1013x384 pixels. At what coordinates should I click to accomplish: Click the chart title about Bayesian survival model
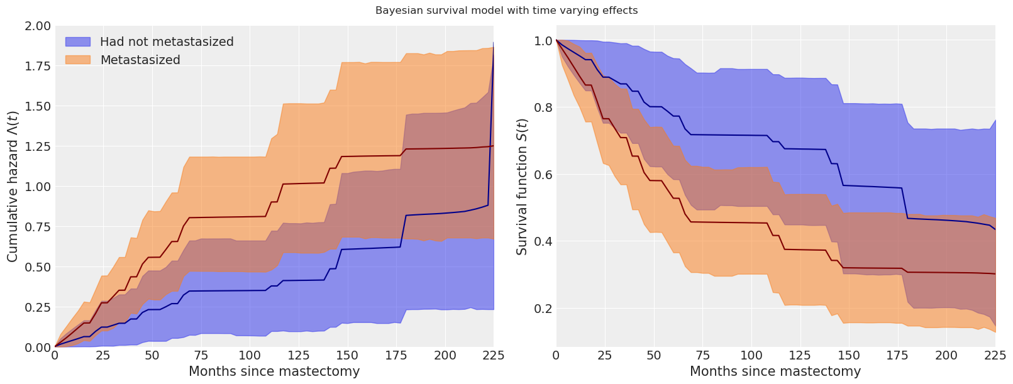(506, 11)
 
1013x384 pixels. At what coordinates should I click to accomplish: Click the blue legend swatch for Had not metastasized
(78, 41)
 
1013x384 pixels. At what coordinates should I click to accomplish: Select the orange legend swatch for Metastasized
(78, 60)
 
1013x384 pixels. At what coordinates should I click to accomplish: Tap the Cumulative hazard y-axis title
(13, 187)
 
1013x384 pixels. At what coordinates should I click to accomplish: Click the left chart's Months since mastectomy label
(274, 371)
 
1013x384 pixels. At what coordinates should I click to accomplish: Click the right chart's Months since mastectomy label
(775, 371)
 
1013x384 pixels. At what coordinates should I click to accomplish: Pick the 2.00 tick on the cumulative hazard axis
(37, 26)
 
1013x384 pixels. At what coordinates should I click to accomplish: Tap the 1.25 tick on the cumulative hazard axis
(37, 146)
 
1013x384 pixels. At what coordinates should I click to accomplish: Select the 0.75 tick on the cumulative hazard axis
(37, 227)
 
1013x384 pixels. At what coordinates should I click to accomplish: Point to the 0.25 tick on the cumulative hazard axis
(37, 307)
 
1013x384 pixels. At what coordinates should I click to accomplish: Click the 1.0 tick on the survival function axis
(543, 41)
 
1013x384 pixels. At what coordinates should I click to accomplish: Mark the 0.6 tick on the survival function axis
(543, 175)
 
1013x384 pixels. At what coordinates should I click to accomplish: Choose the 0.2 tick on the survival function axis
(543, 309)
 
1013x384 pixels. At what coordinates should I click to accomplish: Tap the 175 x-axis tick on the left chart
(397, 356)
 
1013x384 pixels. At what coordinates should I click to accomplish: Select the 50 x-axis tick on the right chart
(654, 356)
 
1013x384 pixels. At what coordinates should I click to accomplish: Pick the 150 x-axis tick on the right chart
(849, 356)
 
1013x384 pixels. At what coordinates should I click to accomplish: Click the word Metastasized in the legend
(140, 60)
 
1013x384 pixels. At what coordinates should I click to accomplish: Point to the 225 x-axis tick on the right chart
(995, 356)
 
